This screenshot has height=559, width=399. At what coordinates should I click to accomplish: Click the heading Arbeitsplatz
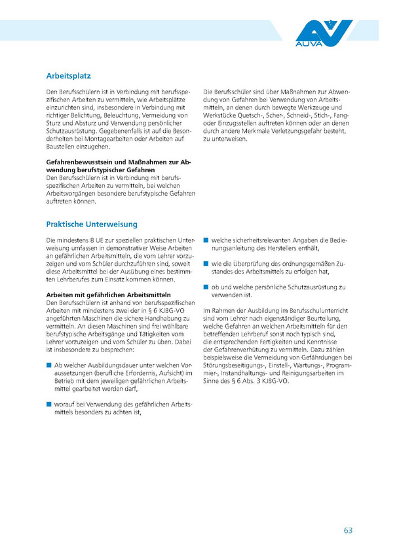pos(68,75)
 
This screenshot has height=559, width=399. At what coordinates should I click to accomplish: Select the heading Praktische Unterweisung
pos(91,224)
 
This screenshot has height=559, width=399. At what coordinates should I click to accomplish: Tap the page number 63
pos(348,530)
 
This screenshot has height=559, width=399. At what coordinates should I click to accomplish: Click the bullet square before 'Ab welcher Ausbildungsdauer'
pos(48,365)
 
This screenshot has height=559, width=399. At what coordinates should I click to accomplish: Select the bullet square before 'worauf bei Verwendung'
pos(48,405)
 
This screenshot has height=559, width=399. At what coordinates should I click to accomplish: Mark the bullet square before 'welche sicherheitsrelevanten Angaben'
pos(206,241)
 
